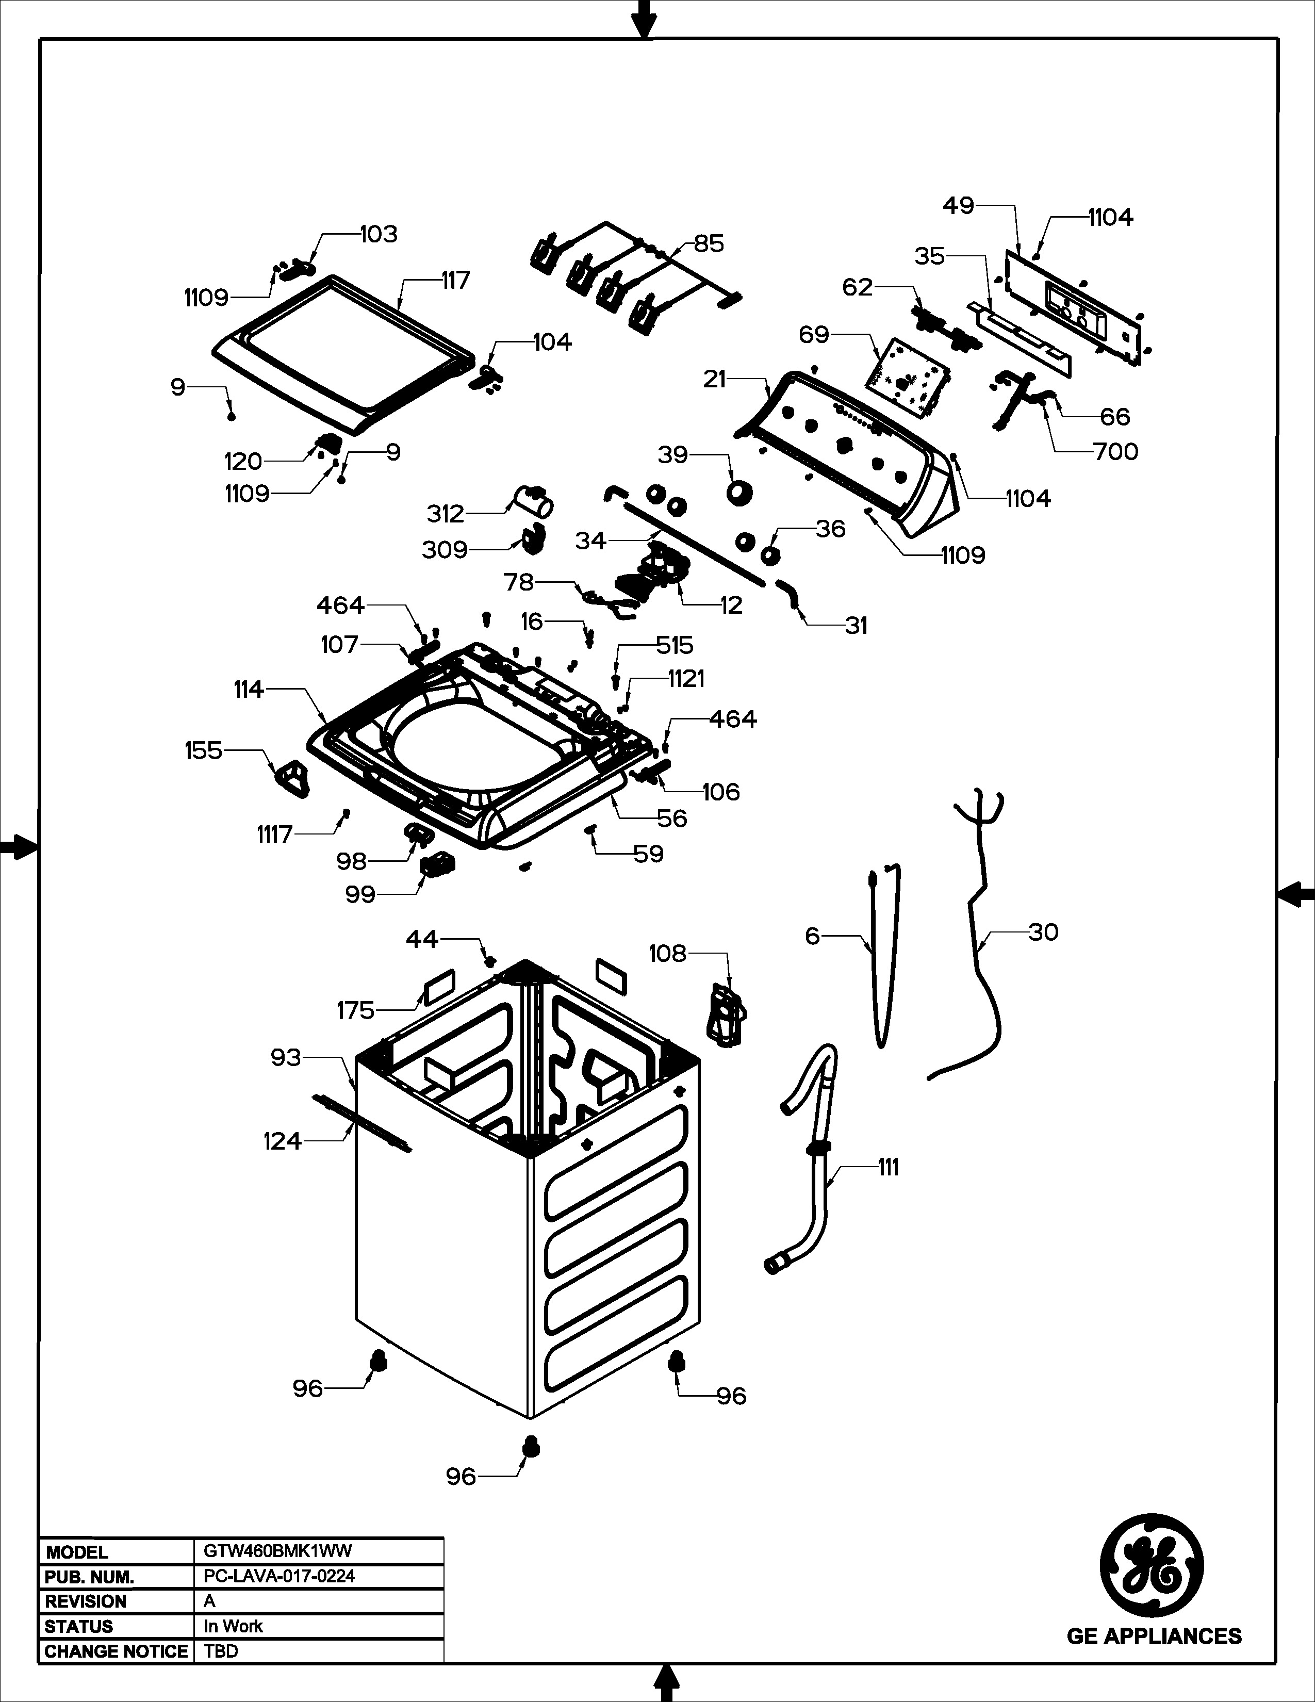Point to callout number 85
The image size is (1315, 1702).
[709, 244]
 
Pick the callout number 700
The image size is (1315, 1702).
[1115, 451]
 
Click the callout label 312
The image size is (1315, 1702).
[445, 514]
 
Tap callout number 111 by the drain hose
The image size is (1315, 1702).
[887, 1167]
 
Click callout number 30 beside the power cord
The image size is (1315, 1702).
[1043, 932]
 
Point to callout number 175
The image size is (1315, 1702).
[355, 1011]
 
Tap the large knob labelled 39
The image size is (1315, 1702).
[738, 493]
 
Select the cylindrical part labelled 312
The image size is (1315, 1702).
[534, 500]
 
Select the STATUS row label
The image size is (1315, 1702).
[79, 1626]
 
